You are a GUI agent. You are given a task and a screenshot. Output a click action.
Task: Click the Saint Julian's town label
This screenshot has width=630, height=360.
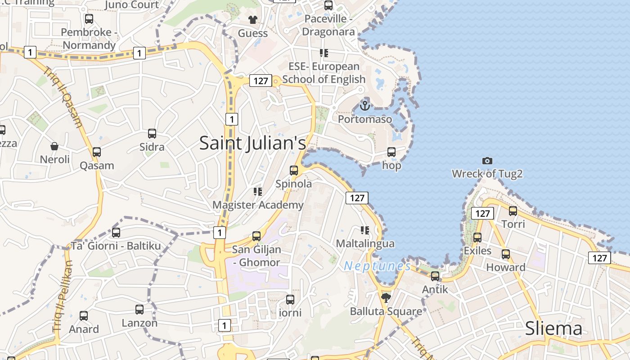click(x=252, y=143)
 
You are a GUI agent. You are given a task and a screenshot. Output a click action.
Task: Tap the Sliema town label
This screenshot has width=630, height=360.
click(x=553, y=329)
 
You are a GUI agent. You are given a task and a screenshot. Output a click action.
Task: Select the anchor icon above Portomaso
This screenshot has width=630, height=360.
click(x=365, y=106)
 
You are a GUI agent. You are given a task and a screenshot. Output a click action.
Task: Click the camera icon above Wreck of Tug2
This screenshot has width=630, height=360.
click(x=487, y=161)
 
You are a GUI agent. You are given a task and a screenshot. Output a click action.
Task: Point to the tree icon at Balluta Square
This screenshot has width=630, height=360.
click(x=386, y=297)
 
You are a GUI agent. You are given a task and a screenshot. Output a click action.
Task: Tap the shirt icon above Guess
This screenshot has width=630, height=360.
click(x=252, y=20)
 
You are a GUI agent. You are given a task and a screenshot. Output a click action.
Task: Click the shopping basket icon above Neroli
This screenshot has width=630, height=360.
click(x=54, y=146)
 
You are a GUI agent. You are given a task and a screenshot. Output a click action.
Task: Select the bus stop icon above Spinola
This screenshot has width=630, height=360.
click(x=294, y=171)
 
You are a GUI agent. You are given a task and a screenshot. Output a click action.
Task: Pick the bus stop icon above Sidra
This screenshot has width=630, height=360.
click(x=152, y=134)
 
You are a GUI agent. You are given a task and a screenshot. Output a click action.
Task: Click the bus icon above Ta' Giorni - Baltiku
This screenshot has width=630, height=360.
click(x=116, y=233)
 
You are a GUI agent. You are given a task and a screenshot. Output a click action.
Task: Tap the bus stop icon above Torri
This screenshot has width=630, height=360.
click(x=513, y=211)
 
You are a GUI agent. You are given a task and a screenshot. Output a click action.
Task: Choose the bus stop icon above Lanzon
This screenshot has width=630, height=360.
click(x=139, y=310)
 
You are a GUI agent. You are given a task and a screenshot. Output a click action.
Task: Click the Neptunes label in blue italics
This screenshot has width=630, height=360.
click(x=378, y=266)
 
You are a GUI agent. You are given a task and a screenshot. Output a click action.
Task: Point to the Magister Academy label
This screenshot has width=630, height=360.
click(x=258, y=205)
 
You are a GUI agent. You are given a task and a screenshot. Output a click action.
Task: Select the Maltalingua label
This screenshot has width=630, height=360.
click(x=365, y=243)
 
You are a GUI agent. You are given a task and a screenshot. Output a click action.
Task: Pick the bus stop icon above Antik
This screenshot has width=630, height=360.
click(x=435, y=276)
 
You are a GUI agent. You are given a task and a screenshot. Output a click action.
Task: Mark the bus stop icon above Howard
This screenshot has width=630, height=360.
click(x=506, y=254)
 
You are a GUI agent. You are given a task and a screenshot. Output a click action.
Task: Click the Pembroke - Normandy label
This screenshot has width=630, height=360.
click(x=89, y=39)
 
